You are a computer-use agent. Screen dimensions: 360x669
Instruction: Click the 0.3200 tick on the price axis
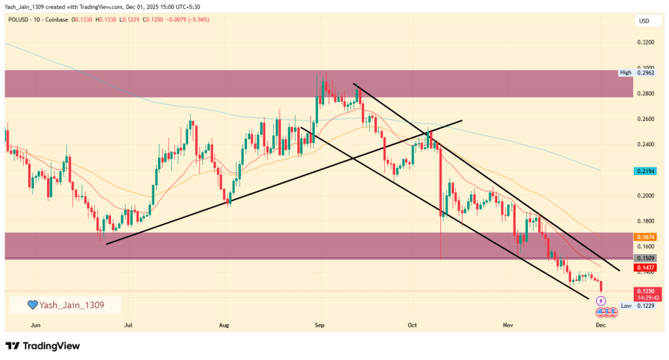point(645,42)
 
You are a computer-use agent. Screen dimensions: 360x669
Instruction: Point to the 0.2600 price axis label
point(645,119)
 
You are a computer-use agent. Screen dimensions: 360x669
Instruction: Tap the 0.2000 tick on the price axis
point(645,195)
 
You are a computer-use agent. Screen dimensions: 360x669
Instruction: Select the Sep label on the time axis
point(319,324)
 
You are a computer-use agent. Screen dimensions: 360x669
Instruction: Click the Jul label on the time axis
point(128,324)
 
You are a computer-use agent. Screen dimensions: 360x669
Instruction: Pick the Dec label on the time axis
point(600,324)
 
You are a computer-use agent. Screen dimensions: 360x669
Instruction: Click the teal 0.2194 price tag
point(645,171)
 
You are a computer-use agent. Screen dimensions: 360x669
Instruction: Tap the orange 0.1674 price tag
point(645,237)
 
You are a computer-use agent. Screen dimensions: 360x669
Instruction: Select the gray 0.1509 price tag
point(645,259)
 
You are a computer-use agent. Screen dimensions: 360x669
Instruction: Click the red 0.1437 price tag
point(645,268)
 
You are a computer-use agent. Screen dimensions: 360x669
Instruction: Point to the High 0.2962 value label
point(636,73)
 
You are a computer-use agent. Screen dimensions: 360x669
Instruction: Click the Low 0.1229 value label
point(636,306)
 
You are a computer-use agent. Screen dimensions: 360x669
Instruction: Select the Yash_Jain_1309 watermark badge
point(65,305)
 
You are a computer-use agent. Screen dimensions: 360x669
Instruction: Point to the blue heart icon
point(31,305)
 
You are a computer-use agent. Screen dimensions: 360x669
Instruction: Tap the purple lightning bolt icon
point(601,301)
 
